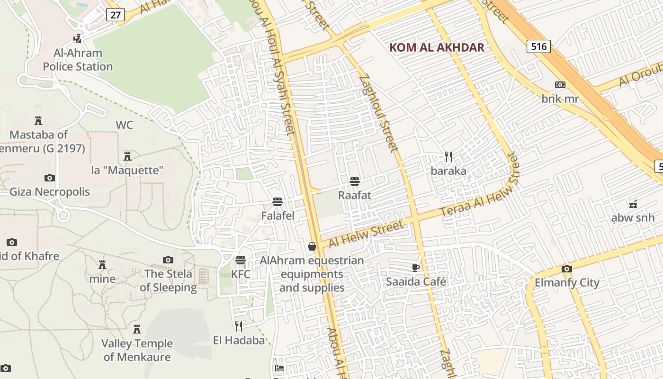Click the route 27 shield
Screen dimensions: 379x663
(116, 15)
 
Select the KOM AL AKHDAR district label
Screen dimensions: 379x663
(437, 47)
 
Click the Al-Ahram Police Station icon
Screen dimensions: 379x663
(77, 39)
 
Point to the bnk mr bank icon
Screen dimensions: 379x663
(560, 85)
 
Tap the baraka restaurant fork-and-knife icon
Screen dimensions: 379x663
(448, 156)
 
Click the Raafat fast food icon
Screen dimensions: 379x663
(355, 181)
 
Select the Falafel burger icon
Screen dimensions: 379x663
(278, 202)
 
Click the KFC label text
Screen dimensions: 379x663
(241, 274)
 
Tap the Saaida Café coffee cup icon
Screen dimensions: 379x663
(416, 268)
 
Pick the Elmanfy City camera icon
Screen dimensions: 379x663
(566, 269)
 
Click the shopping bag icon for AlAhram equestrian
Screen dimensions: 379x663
(312, 246)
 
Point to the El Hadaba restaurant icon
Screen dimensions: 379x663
(239, 326)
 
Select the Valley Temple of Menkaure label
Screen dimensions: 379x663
(137, 350)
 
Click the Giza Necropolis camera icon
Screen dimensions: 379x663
(50, 178)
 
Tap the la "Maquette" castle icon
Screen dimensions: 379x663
(127, 156)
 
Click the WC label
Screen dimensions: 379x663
(125, 125)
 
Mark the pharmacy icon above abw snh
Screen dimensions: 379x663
(633, 204)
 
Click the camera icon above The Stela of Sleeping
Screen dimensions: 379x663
(168, 260)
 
